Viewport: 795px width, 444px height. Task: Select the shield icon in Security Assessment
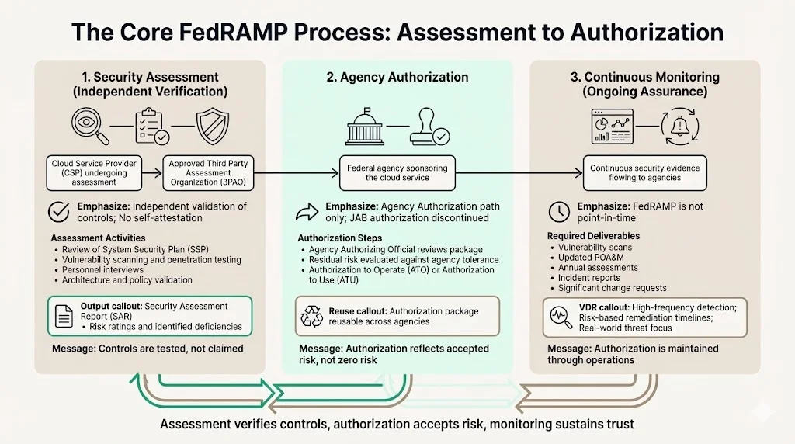click(212, 126)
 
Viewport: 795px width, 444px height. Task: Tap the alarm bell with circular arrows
click(680, 126)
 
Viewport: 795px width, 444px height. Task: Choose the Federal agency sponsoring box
click(397, 172)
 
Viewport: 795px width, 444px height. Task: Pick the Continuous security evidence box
click(644, 172)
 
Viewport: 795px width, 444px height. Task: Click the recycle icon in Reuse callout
click(312, 316)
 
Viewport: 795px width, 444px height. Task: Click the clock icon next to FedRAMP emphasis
click(558, 211)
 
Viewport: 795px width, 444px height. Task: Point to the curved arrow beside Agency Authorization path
click(309, 212)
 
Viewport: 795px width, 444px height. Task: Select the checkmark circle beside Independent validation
click(58, 211)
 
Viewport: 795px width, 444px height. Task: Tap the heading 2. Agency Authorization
click(397, 77)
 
